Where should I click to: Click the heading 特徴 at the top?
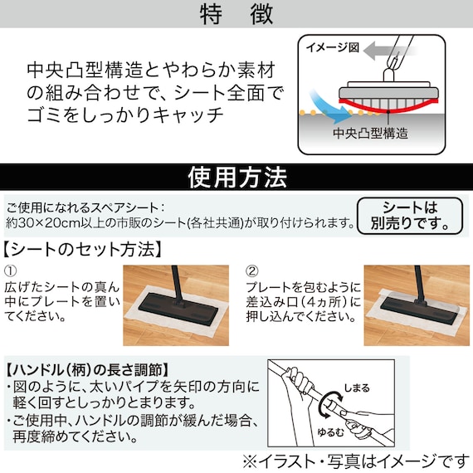click(x=236, y=14)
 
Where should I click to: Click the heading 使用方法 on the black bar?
click(x=237, y=177)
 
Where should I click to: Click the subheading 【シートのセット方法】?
click(x=82, y=248)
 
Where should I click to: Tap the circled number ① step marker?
click(x=11, y=271)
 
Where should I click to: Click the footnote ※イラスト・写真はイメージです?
click(x=354, y=458)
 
